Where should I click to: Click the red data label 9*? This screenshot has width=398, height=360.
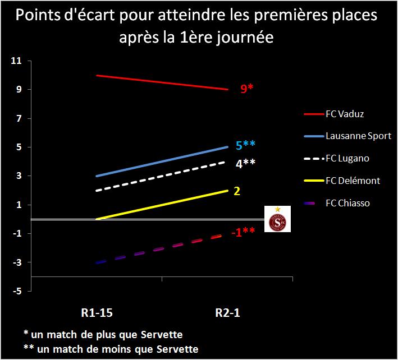(248, 89)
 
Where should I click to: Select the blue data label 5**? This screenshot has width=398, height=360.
(245, 146)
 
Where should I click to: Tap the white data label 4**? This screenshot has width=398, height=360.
(245, 164)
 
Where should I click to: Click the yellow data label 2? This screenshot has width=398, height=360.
(237, 191)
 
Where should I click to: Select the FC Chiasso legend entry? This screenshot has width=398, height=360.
(347, 203)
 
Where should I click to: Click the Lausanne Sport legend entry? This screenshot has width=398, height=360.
(358, 136)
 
